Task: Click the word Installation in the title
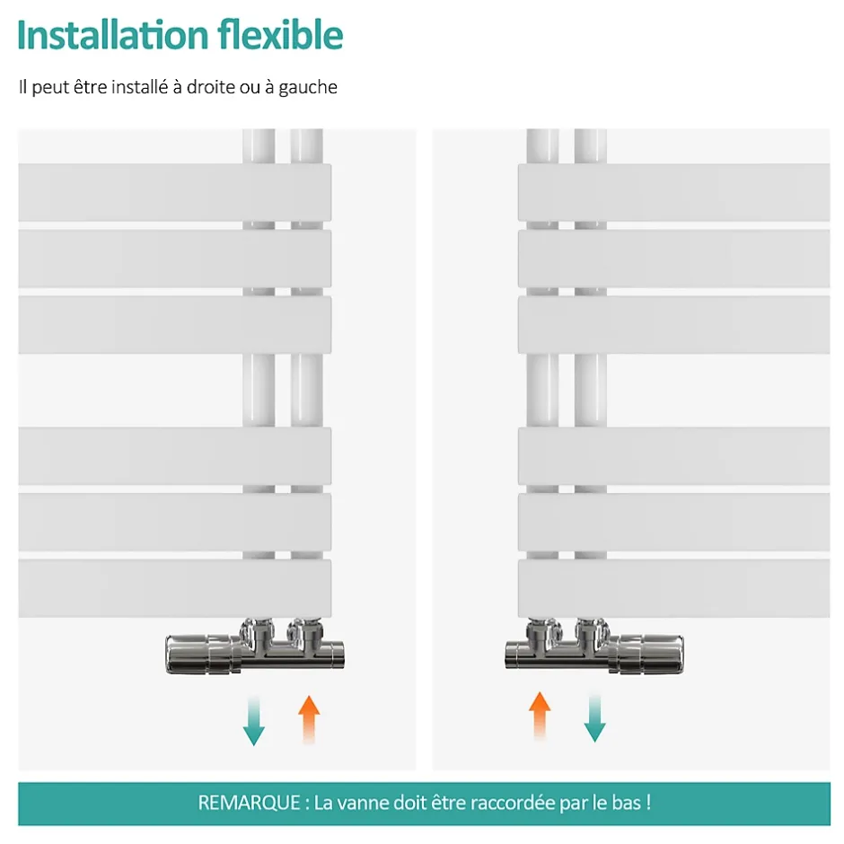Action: pos(113,35)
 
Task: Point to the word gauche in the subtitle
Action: pos(307,88)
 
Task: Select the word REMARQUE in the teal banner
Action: pos(249,803)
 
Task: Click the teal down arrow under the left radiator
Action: pos(253,721)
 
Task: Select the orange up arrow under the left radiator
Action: pos(309,720)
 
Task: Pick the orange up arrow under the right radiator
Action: pos(540,716)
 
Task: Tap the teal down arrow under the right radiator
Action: pos(594,718)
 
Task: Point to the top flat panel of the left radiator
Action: pos(175,193)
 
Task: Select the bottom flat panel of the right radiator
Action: pos(674,588)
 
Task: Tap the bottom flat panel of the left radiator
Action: pos(175,588)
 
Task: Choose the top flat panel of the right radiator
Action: pos(674,193)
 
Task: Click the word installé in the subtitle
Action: pos(140,87)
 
